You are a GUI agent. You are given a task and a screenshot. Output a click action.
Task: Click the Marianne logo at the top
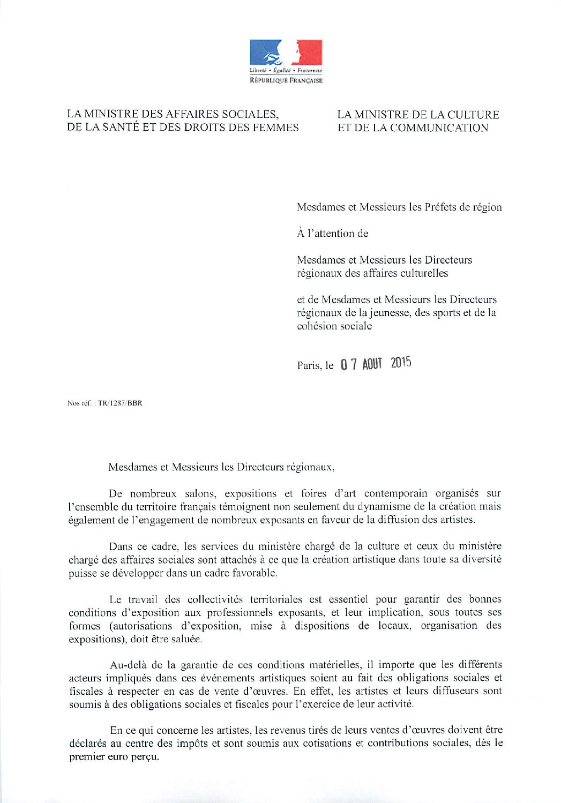[x=286, y=52]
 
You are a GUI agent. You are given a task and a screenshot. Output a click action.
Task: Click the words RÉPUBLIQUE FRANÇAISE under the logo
[x=286, y=80]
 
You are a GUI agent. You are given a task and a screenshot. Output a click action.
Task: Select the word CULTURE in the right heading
[x=473, y=115]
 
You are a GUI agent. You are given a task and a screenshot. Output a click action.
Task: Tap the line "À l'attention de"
[x=333, y=234]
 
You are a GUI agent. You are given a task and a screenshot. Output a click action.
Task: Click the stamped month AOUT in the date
[x=372, y=364]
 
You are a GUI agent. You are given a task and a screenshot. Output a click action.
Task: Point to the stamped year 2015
[x=401, y=363]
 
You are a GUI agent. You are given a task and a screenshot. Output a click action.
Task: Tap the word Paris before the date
[x=309, y=366]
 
